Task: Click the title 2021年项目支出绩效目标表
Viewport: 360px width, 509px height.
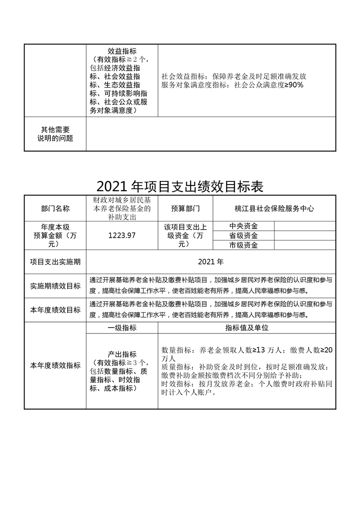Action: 180,186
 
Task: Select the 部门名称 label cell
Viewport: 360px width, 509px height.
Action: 55,209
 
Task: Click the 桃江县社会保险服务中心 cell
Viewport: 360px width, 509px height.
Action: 274,209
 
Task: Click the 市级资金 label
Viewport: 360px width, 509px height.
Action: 243,245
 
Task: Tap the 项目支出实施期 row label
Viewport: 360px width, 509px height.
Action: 55,262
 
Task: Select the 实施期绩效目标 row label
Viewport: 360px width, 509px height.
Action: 55,286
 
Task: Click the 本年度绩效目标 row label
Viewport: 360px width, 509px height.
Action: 55,310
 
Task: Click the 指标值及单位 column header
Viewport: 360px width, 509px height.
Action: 247,328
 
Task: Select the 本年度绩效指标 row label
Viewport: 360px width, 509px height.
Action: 55,365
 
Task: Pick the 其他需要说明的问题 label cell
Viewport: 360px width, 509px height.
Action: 55,134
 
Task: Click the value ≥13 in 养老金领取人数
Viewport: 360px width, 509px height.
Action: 261,350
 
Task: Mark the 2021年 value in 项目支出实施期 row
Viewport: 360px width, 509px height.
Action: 211,262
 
